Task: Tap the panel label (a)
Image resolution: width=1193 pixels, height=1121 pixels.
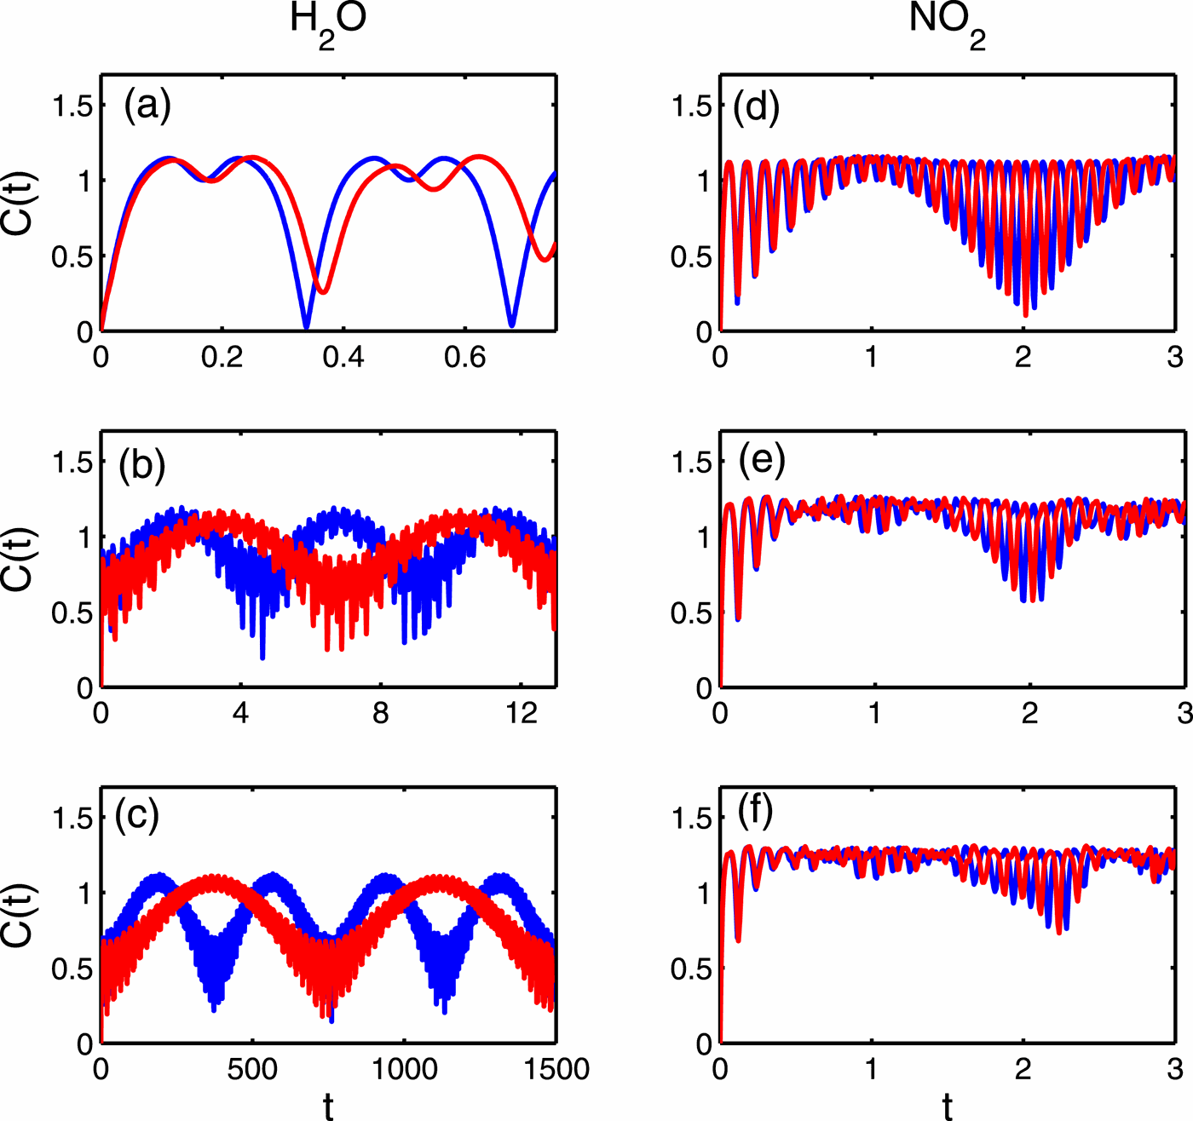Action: click(147, 106)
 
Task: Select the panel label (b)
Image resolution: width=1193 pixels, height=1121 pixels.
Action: click(142, 464)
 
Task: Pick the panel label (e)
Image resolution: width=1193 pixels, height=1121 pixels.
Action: click(762, 460)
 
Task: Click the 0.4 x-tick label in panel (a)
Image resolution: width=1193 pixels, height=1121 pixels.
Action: click(343, 358)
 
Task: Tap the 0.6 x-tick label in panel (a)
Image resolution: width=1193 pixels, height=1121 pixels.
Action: click(465, 358)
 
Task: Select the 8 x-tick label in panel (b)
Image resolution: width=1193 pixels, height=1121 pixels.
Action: click(381, 713)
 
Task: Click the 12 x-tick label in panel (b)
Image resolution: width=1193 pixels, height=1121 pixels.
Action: click(521, 713)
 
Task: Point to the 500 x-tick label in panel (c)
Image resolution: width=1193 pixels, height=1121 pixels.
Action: click(252, 1069)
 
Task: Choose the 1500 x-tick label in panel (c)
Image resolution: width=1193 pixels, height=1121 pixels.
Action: click(556, 1069)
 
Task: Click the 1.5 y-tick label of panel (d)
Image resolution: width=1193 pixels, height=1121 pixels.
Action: click(691, 106)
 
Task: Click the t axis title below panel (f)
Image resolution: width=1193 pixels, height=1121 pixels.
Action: click(948, 1106)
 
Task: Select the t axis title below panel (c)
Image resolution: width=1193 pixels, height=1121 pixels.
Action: click(328, 1106)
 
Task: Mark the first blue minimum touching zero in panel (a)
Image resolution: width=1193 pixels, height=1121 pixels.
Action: click(306, 327)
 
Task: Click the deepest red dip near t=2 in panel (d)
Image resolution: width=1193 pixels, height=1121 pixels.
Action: click(1025, 316)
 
